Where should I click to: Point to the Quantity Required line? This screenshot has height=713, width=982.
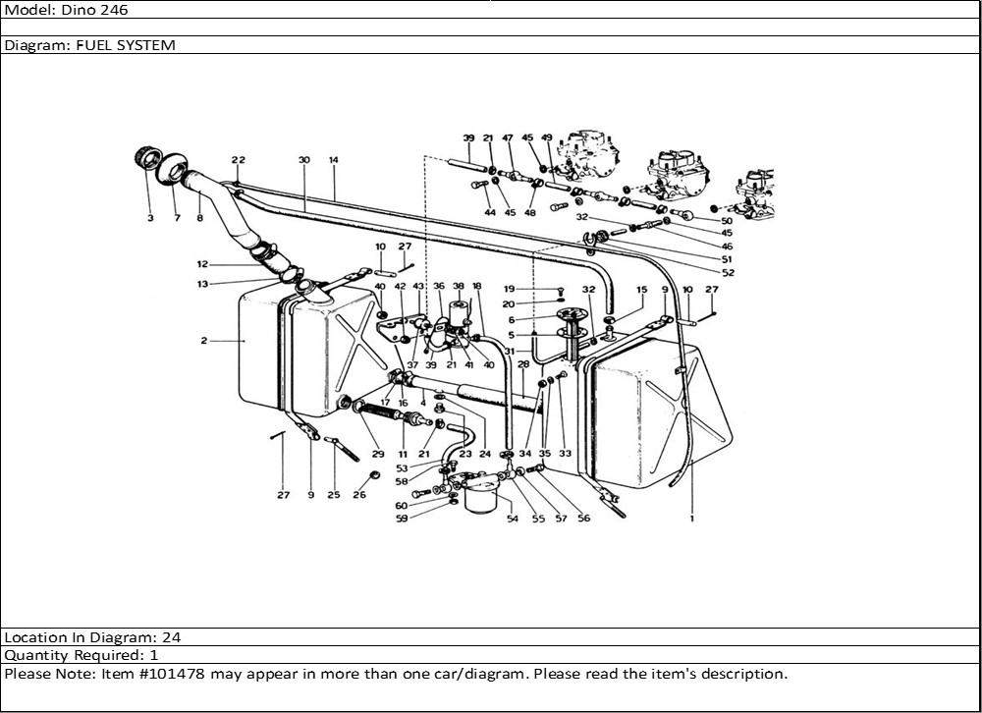tap(82, 655)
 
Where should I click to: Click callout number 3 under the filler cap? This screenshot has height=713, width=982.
tap(150, 218)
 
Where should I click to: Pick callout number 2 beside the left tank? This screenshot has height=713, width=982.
tap(204, 341)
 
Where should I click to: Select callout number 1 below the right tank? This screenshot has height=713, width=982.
tap(691, 519)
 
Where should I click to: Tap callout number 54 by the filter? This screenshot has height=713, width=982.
tap(512, 519)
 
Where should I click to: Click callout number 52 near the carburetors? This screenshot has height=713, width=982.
tap(728, 272)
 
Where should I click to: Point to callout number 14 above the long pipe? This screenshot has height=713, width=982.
tap(334, 159)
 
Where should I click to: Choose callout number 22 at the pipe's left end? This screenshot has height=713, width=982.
tap(238, 159)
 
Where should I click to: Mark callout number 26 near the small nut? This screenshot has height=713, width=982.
tap(359, 495)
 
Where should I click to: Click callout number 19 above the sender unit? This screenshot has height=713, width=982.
tap(509, 289)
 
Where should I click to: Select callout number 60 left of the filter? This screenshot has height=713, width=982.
tap(402, 505)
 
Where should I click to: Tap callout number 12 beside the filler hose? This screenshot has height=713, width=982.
tap(201, 263)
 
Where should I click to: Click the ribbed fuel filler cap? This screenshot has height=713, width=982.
tap(145, 158)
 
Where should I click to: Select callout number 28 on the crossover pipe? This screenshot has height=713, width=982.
tap(523, 364)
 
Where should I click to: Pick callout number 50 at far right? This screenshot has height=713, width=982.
tap(727, 221)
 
